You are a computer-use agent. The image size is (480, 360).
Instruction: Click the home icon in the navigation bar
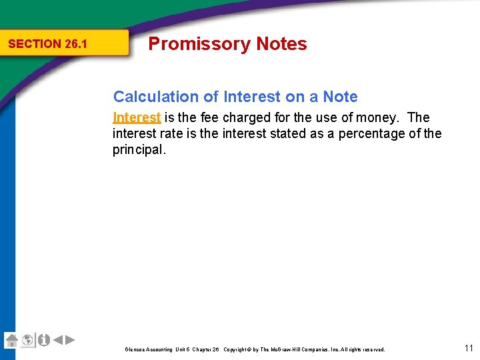[x=11, y=340]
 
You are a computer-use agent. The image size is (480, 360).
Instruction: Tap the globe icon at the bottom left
[x=27, y=340]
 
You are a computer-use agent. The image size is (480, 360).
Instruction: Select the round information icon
[x=43, y=340]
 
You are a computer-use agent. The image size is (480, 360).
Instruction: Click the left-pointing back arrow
[x=58, y=340]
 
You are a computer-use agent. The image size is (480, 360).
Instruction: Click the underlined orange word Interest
[x=137, y=118]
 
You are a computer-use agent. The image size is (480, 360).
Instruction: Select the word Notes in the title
[x=281, y=44]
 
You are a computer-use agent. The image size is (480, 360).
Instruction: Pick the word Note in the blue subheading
[x=340, y=97]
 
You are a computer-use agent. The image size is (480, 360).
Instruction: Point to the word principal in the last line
[x=138, y=149]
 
